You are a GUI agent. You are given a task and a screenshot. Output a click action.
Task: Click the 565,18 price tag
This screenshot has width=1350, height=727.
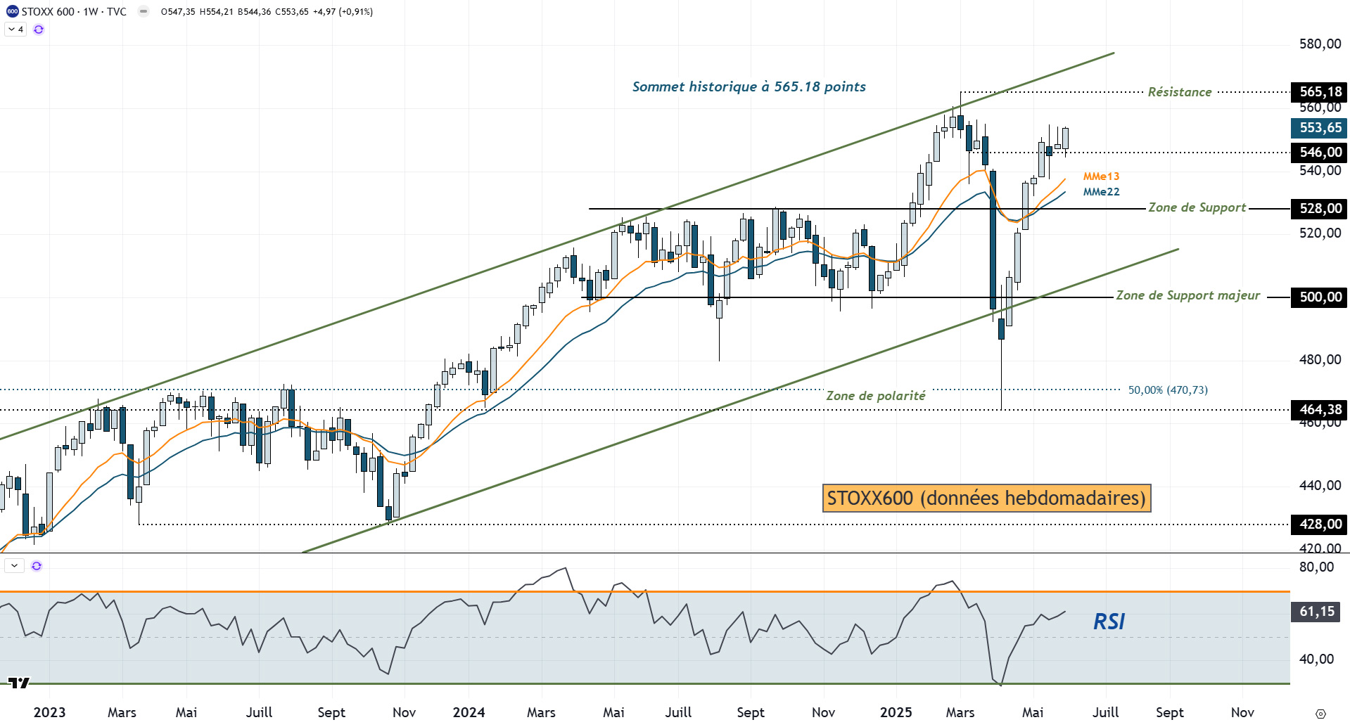1319,92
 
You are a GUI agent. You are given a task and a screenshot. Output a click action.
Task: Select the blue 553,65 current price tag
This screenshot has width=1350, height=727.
1319,128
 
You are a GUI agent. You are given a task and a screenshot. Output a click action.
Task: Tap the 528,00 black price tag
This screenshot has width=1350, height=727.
1319,209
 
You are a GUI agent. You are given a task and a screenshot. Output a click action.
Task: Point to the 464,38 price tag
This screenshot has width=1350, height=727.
1319,410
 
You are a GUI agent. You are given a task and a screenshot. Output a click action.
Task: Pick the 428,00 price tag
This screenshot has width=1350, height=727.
1319,525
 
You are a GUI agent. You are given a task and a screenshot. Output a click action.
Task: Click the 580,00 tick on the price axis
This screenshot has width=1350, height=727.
1320,44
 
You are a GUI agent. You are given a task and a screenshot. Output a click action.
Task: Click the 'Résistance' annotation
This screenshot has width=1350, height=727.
1179,92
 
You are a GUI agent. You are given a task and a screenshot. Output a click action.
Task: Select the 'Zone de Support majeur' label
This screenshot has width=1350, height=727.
1187,296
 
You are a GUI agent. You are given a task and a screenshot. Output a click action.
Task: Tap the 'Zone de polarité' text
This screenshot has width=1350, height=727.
875,396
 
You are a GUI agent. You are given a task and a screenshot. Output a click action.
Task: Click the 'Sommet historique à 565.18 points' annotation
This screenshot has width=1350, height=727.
749,87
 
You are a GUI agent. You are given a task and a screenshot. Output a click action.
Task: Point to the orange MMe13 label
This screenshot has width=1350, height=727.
1101,176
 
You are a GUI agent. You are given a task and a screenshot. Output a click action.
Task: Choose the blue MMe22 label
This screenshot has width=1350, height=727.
1101,192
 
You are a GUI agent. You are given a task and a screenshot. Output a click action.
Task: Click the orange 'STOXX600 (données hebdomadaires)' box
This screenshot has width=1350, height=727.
986,498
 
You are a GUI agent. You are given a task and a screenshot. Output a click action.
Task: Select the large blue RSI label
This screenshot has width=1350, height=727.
1109,622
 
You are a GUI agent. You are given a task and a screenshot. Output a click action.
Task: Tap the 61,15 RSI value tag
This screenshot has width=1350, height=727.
1316,612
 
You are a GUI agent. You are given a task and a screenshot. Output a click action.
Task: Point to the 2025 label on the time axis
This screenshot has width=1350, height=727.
896,712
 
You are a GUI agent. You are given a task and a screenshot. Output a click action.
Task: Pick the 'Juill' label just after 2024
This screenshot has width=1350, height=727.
678,712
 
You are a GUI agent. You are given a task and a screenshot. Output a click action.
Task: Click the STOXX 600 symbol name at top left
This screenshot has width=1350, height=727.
48,12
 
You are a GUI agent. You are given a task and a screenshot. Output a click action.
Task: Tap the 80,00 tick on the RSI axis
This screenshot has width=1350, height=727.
1316,567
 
